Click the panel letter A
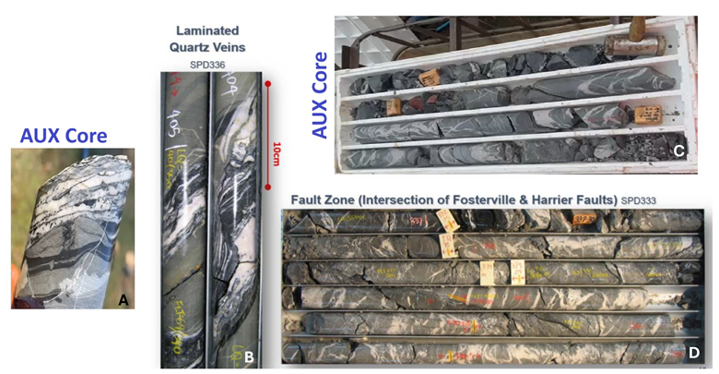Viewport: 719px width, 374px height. pyautogui.click(x=122, y=297)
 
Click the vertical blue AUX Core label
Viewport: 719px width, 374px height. pyautogui.click(x=320, y=95)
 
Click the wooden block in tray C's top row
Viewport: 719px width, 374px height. pyautogui.click(x=429, y=77)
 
